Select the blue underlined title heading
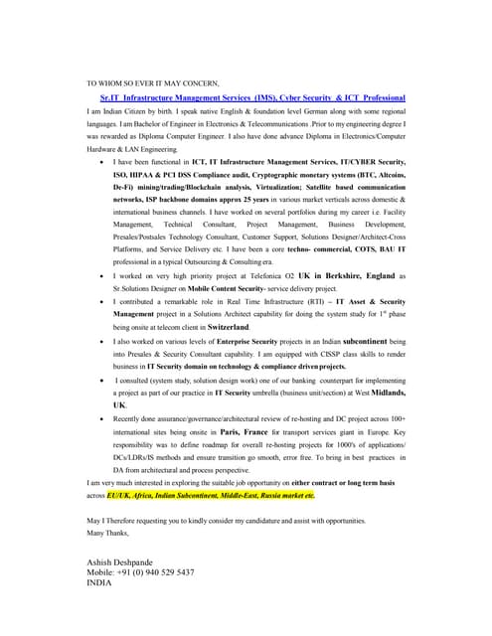pyautogui.click(x=252, y=98)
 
